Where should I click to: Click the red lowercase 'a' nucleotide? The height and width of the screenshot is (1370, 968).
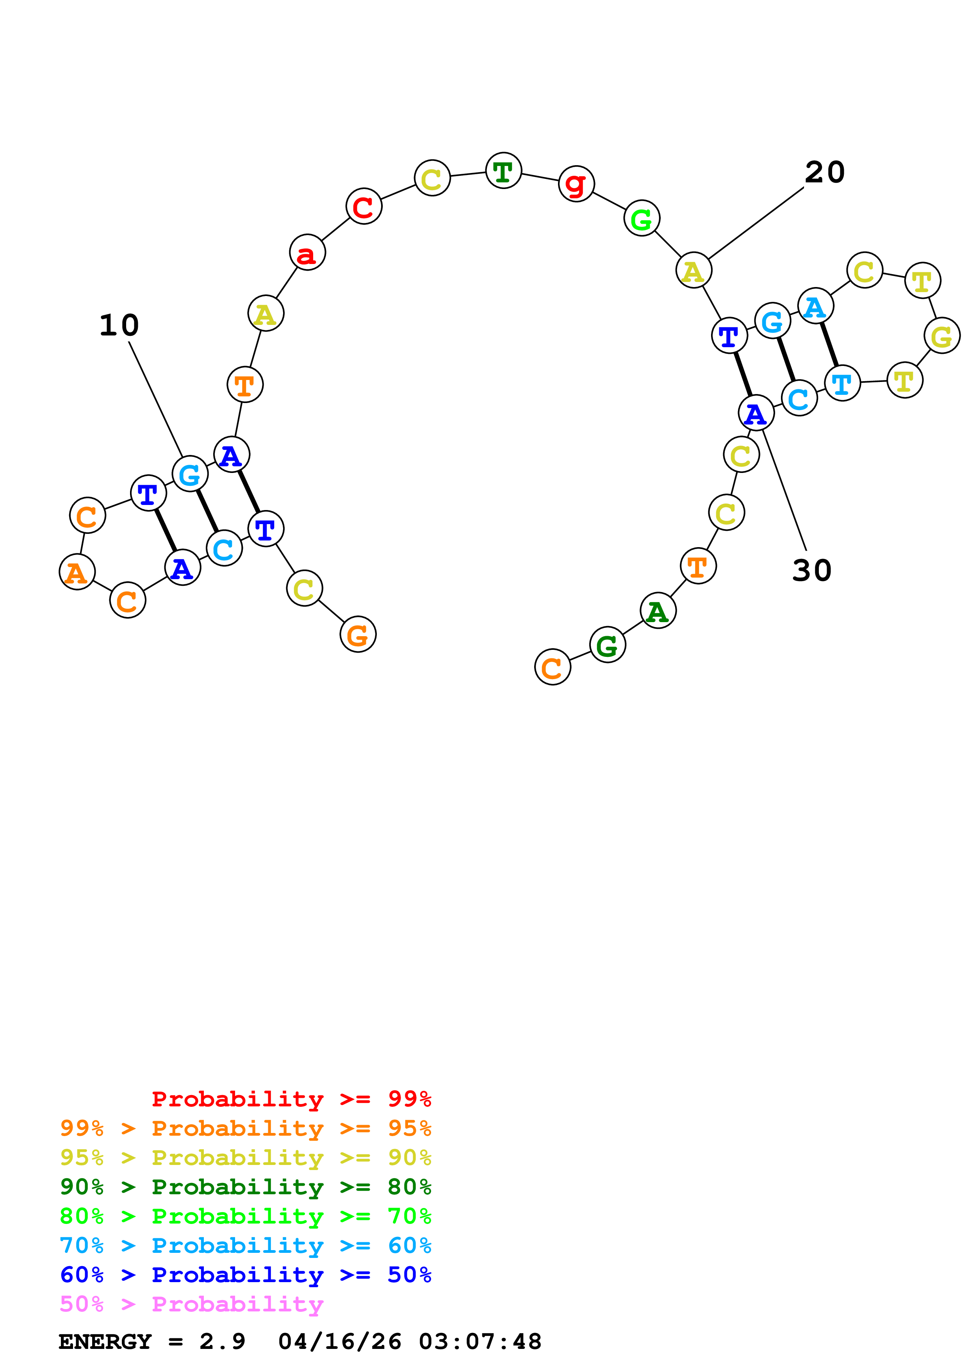pyautogui.click(x=307, y=253)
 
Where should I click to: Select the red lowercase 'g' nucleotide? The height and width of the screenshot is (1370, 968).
pyautogui.click(x=576, y=184)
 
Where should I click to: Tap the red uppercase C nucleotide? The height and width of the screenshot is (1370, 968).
pyautogui.click(x=363, y=207)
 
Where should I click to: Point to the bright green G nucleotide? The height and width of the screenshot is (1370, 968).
pyautogui.click(x=642, y=219)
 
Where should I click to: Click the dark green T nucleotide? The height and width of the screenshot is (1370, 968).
pyautogui.click(x=503, y=171)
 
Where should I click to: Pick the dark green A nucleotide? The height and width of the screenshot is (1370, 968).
pyautogui.click(x=658, y=611)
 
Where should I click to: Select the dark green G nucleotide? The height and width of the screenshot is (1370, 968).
pyautogui.click(x=607, y=645)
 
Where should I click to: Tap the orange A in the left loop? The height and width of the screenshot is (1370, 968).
pyautogui.click(x=77, y=572)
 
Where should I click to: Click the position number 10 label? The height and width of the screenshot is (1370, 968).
pyautogui.click(x=119, y=325)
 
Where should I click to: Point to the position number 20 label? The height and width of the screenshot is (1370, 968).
pyautogui.click(x=825, y=173)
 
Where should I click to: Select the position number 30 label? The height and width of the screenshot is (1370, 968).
pyautogui.click(x=812, y=571)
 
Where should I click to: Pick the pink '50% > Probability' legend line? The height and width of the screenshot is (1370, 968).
pyautogui.click(x=191, y=1304)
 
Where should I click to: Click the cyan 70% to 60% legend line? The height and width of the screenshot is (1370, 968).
pyautogui.click(x=245, y=1245)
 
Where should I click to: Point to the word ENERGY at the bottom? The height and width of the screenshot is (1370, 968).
pyautogui.click(x=105, y=1341)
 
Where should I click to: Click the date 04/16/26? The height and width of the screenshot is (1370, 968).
pyautogui.click(x=340, y=1341)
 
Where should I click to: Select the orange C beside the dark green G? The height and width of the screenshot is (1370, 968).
pyautogui.click(x=552, y=667)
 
